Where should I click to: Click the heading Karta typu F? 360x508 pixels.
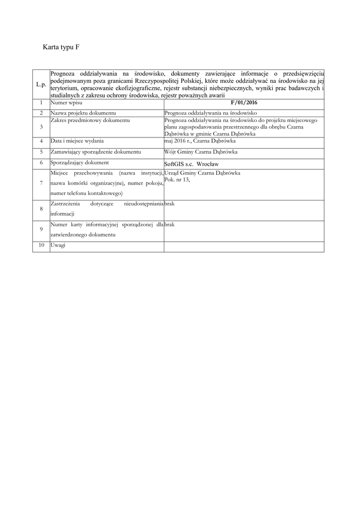pyautogui.click(x=62, y=48)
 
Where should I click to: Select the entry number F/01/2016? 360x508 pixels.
pyautogui.click(x=244, y=103)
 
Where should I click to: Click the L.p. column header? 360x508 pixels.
pyautogui.click(x=41, y=85)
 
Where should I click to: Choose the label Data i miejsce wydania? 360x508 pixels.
pyautogui.click(x=76, y=140)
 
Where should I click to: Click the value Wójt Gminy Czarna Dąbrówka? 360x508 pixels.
pyautogui.click(x=201, y=151)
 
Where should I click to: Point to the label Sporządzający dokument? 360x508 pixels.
pyautogui.click(x=79, y=162)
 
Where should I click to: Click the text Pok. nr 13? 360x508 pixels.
pyautogui.click(x=177, y=180)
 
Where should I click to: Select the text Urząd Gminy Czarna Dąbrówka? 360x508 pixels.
pyautogui.click(x=202, y=173)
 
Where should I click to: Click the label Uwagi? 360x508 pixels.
pyautogui.click(x=58, y=246)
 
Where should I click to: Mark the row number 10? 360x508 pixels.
pyautogui.click(x=41, y=246)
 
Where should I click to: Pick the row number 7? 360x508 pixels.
pyautogui.click(x=41, y=183)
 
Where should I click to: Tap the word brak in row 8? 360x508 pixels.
pyautogui.click(x=169, y=204)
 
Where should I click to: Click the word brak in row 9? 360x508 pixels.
pyautogui.click(x=169, y=225)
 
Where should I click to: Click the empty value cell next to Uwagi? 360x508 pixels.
pyautogui.click(x=244, y=246)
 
